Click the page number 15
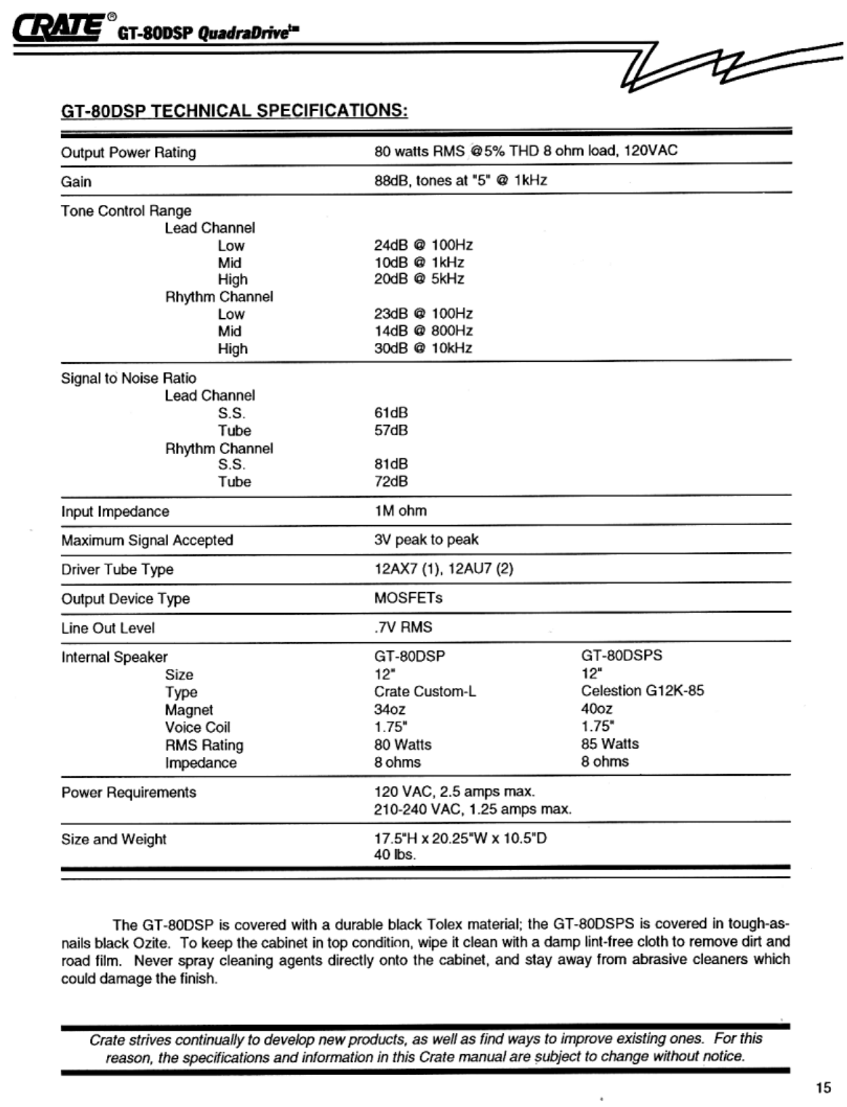822,1087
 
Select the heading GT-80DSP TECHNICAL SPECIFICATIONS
234,110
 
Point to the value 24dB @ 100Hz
423,245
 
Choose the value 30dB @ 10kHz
423,348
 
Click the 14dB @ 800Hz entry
423,331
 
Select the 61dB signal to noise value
391,413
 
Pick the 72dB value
391,481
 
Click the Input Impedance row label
115,511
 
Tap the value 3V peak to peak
426,539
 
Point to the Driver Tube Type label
117,569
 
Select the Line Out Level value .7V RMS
403,627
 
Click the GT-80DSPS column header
622,655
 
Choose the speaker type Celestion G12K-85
642,690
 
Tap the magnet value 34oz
390,709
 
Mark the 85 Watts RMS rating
609,744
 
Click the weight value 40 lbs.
395,855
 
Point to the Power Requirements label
129,792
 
